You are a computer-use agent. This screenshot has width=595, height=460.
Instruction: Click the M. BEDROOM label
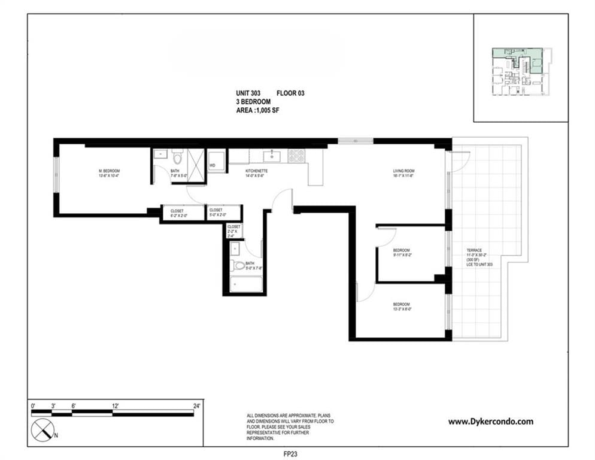pyautogui.click(x=109, y=173)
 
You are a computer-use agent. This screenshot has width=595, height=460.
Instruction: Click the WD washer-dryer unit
pyautogui.click(x=216, y=162)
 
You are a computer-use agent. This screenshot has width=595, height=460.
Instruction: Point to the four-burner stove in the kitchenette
pyautogui.click(x=296, y=156)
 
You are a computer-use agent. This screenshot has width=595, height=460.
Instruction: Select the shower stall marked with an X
pyautogui.click(x=196, y=160)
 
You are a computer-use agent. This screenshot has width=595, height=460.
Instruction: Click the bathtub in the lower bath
pyautogui.click(x=246, y=283)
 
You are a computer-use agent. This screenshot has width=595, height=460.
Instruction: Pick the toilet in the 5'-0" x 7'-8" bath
pyautogui.click(x=239, y=265)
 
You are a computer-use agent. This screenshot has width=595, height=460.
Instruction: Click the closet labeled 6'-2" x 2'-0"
pyautogui.click(x=177, y=213)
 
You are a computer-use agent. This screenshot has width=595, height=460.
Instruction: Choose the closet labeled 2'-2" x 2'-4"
pyautogui.click(x=233, y=231)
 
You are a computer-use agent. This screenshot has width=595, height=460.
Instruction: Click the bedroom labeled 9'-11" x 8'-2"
pyautogui.click(x=401, y=252)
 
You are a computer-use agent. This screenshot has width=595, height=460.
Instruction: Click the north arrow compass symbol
pyautogui.click(x=41, y=429)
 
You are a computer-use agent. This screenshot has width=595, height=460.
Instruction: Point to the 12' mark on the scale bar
pyautogui.click(x=114, y=407)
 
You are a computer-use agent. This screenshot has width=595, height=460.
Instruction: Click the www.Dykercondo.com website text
pyautogui.click(x=490, y=422)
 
